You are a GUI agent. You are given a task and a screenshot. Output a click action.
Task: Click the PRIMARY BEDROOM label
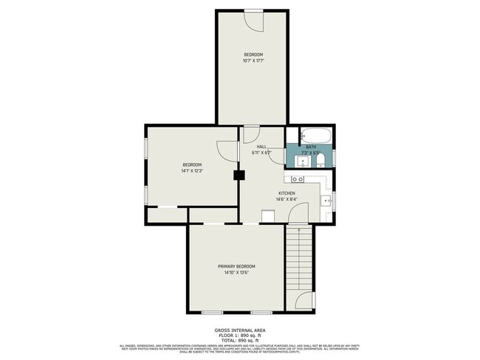(x=236, y=266)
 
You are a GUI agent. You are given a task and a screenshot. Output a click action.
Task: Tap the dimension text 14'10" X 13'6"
(x=236, y=272)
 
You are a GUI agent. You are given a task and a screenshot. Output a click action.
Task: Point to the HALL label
(x=261, y=147)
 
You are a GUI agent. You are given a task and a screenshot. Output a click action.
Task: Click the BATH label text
(x=311, y=147)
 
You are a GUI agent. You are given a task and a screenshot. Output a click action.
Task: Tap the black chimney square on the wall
(x=239, y=176)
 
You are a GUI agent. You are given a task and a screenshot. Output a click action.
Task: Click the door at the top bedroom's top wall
(x=255, y=20)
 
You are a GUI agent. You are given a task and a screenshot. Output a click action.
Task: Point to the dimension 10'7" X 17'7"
(x=253, y=60)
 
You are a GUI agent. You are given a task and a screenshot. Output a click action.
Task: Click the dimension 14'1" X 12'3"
(x=192, y=170)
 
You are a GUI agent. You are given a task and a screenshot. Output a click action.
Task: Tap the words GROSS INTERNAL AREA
(x=240, y=330)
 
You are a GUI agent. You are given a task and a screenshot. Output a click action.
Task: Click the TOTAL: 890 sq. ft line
(x=240, y=339)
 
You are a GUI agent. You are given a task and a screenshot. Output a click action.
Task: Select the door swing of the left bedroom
(x=226, y=148)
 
